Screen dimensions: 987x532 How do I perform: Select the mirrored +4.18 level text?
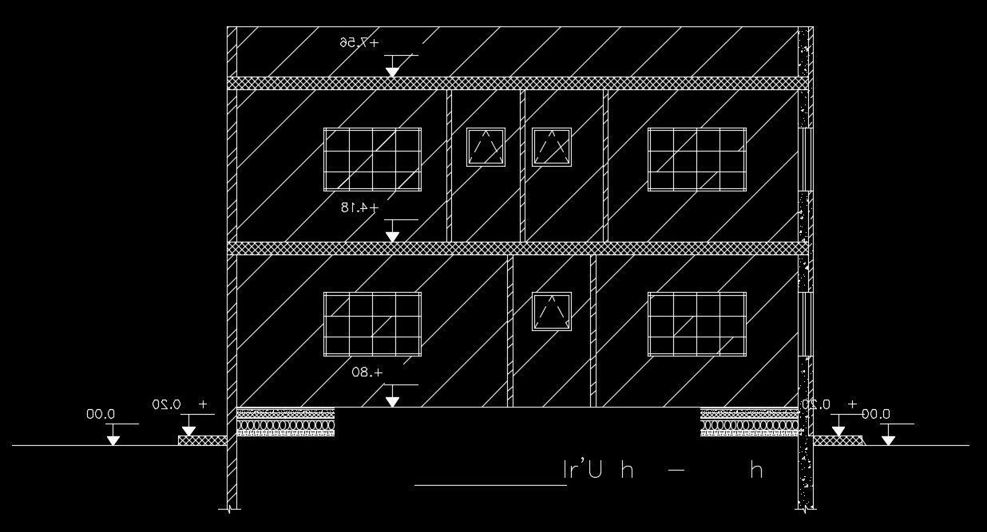point(359,207)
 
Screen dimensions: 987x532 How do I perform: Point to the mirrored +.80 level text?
point(367,372)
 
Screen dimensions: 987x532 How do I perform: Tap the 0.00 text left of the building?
point(101,414)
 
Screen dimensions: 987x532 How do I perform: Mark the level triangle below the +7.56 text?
point(392,72)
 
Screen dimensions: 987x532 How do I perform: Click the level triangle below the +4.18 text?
point(392,237)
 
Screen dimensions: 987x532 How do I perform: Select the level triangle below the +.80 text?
point(392,401)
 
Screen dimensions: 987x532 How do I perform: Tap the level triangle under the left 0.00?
point(113,439)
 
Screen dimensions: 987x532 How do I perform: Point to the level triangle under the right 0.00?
point(888,439)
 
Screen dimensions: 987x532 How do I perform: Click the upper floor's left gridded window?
point(372,160)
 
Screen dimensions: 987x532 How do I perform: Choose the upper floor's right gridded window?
point(696,160)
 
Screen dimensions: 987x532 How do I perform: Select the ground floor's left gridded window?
point(372,324)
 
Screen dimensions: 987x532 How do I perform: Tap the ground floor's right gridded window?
point(696,324)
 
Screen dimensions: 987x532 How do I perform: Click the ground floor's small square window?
point(552,312)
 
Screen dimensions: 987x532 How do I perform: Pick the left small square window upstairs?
point(486,147)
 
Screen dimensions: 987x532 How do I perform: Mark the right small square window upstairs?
point(552,147)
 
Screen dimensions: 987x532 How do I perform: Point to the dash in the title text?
point(676,471)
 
